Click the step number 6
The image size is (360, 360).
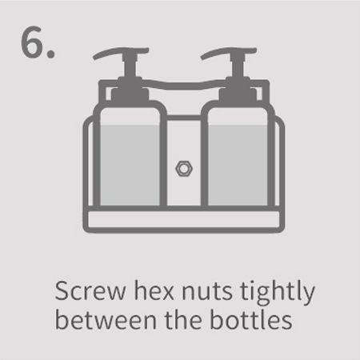tap(38, 42)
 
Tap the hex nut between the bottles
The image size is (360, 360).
tap(184, 169)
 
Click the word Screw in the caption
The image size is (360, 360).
tap(90, 291)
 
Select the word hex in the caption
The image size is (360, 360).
tap(154, 290)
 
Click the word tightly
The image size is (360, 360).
tap(278, 292)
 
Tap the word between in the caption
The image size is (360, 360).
tap(106, 320)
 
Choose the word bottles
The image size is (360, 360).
tap(250, 320)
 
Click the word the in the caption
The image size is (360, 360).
tap(183, 320)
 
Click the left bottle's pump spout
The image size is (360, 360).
tap(121, 52)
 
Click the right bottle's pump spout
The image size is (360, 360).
tap(228, 52)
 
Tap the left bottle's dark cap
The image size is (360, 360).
tap(130, 92)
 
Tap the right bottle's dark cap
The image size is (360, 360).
tap(238, 92)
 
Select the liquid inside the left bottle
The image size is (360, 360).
tap(130, 166)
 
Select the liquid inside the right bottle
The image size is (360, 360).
tap(238, 166)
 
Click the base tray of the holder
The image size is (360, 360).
tap(184, 220)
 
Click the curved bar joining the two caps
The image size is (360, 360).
tap(184, 85)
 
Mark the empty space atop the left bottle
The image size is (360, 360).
tap(130, 116)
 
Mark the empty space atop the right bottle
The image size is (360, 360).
tap(238, 116)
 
